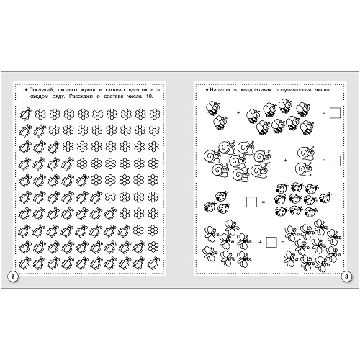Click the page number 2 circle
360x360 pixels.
coord(13,276)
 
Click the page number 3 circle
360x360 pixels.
coord(346,276)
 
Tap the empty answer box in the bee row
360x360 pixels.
coord(335,113)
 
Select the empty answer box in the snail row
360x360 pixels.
coord(335,161)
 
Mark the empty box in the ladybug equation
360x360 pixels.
coord(251,202)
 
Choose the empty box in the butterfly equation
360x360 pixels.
coord(271,242)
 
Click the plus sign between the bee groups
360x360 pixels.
coord(238,112)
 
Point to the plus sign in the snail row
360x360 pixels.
coord(285,160)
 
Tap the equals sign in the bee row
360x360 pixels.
coord(324,112)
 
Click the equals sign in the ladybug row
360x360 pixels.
coord(264,202)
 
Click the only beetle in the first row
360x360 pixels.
coord(25,114)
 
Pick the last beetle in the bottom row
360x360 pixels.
coord(153,263)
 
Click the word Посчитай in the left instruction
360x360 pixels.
coord(40,90)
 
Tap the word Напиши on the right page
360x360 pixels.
coord(220,90)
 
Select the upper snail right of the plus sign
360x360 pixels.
coord(306,153)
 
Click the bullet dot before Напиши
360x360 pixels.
coord(207,90)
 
